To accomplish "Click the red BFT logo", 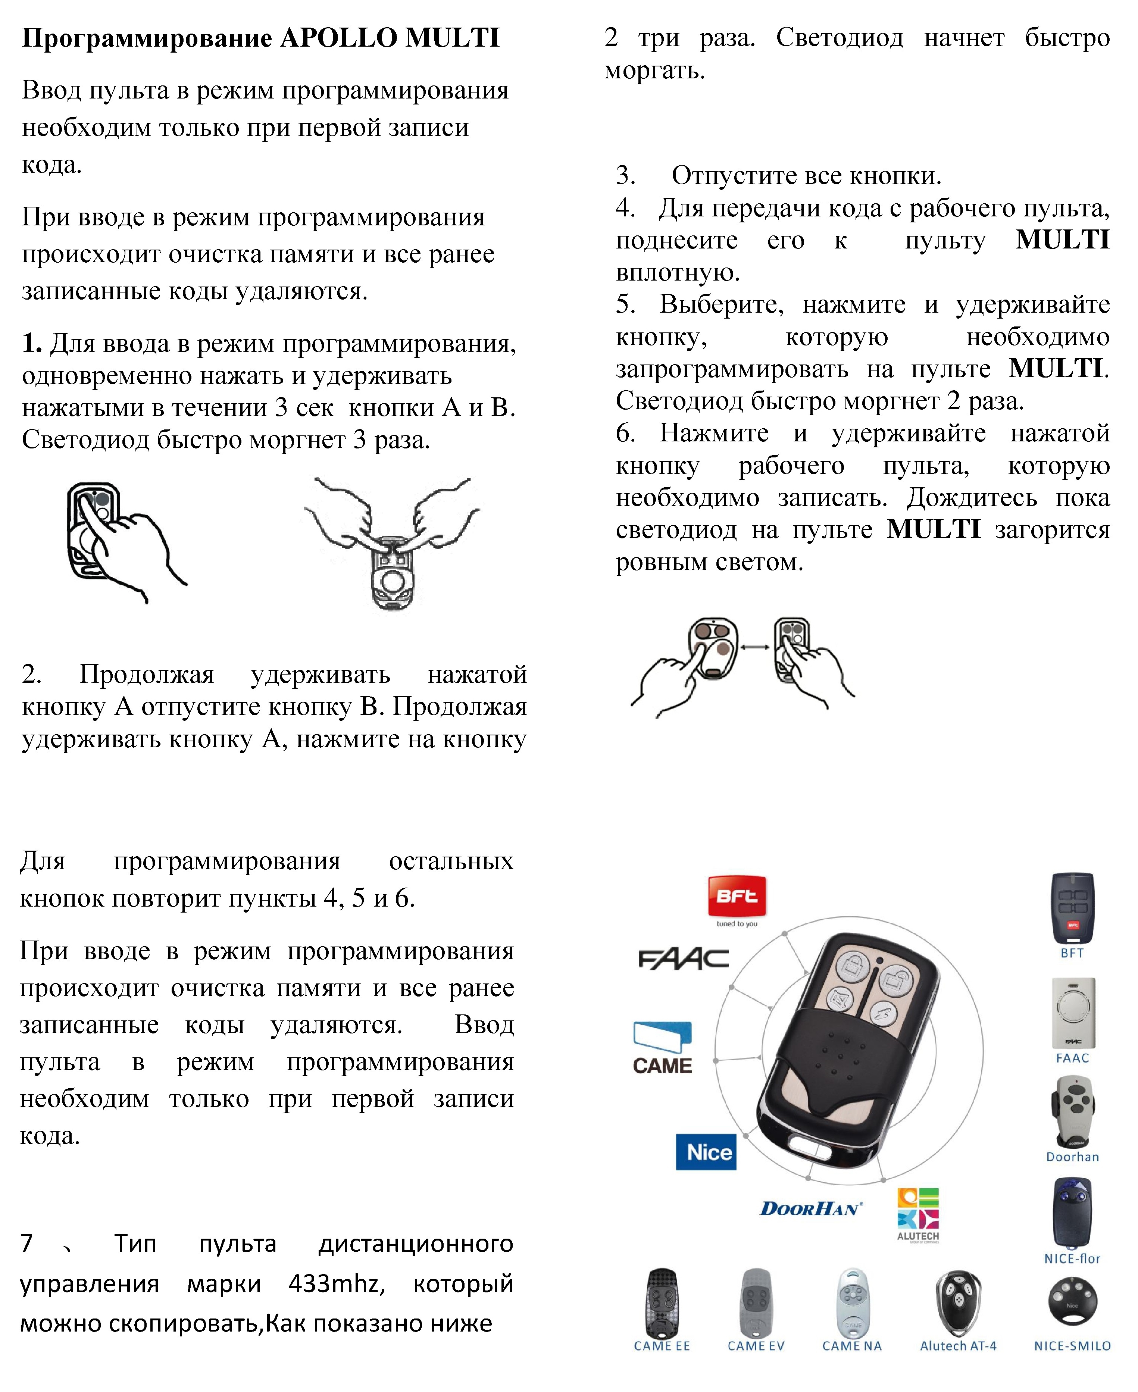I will point(737,896).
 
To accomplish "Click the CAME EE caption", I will point(662,1345).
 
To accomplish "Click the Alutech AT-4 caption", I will point(958,1345).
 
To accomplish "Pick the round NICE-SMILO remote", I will point(1072,1301).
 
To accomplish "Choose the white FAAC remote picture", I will point(1072,1013).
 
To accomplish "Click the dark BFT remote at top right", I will point(1072,908).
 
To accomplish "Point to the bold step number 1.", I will point(31,343).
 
